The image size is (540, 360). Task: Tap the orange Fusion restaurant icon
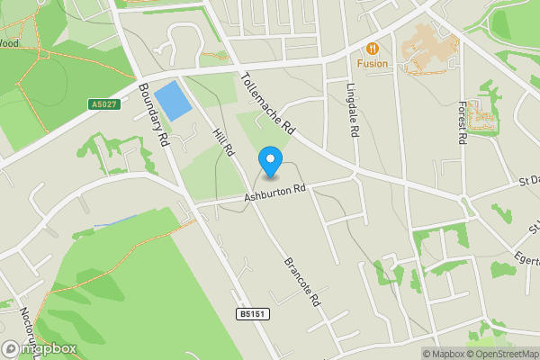[x=372, y=48]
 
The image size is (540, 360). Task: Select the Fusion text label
[x=372, y=64]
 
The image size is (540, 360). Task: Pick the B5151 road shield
[x=254, y=314]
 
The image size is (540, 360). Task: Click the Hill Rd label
[x=222, y=142]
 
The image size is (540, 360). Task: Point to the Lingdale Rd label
[x=353, y=111]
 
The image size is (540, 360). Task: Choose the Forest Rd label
[x=463, y=121]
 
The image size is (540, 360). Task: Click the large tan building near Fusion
[x=428, y=49]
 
